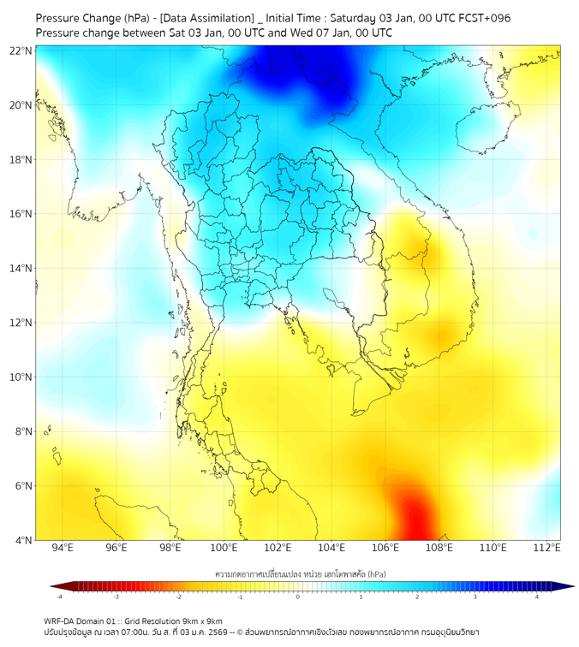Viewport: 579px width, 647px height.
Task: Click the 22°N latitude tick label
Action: [x=21, y=50]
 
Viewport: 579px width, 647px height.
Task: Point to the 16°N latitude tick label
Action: [x=21, y=214]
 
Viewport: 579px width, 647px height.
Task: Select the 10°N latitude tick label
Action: [x=21, y=377]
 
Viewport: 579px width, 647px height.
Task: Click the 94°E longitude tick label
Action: [x=63, y=548]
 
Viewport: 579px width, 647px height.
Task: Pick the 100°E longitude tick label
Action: [x=224, y=548]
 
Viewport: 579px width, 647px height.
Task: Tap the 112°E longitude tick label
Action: [x=547, y=548]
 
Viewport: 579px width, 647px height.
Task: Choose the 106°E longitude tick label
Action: [x=386, y=548]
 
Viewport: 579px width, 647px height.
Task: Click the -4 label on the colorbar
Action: [x=58, y=597]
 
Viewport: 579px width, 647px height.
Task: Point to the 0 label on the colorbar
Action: [x=298, y=597]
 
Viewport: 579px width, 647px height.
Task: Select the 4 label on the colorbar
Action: [x=537, y=597]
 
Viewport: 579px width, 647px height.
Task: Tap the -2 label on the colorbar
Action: [x=178, y=597]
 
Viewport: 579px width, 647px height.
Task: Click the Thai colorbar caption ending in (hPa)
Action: [x=298, y=573]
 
